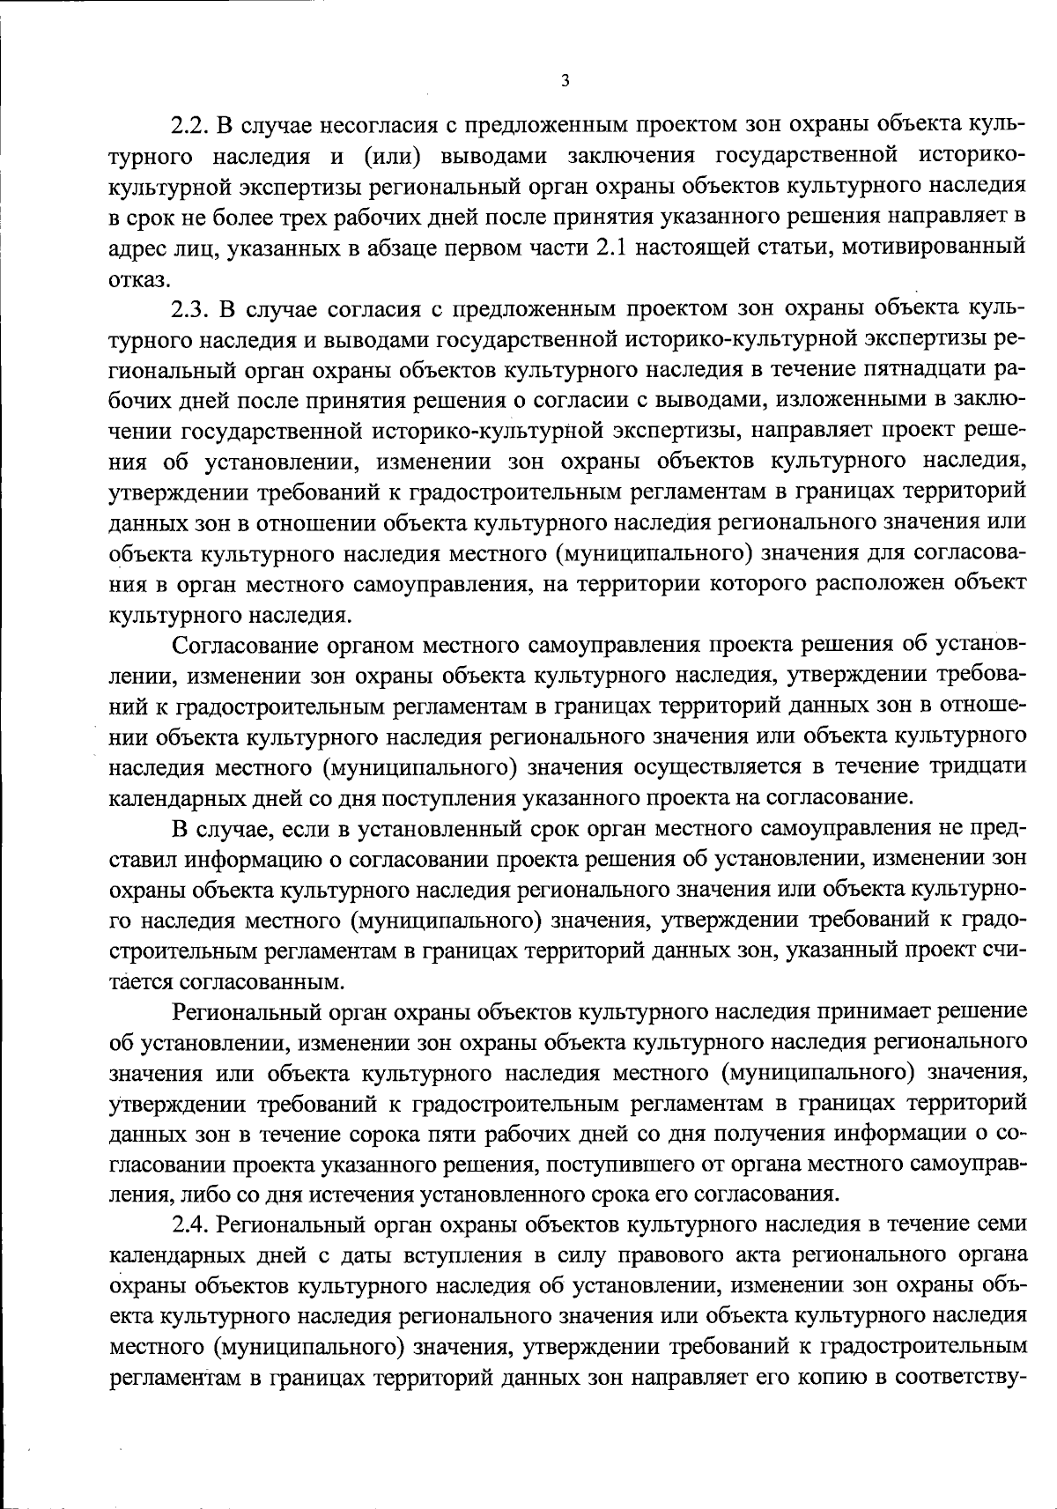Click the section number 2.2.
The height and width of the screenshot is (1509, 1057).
[x=188, y=125]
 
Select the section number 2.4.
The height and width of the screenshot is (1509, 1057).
[x=188, y=1224]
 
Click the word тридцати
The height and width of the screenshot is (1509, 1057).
[x=978, y=766]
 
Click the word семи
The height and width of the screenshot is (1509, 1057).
[x=998, y=1224]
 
